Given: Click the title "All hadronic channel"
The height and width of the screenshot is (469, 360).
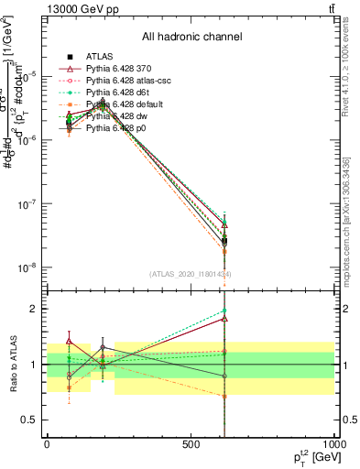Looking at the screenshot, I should tap(191, 37).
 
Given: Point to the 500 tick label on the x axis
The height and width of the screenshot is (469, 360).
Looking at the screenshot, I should tap(191, 444).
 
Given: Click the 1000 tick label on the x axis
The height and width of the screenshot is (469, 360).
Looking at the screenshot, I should tap(333, 444).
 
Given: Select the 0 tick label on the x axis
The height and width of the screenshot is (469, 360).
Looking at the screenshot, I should tap(47, 444).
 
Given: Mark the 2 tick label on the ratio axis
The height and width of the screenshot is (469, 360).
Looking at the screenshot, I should tap(34, 309).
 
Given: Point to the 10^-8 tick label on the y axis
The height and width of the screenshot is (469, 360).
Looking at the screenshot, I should tap(25, 267).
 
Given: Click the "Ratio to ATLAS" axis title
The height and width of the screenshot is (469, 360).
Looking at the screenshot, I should tap(12, 364).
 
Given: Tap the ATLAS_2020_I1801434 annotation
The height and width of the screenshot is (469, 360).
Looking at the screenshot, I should tap(190, 274).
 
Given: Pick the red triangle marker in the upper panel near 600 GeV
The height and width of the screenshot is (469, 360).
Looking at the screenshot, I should tap(224, 224).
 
